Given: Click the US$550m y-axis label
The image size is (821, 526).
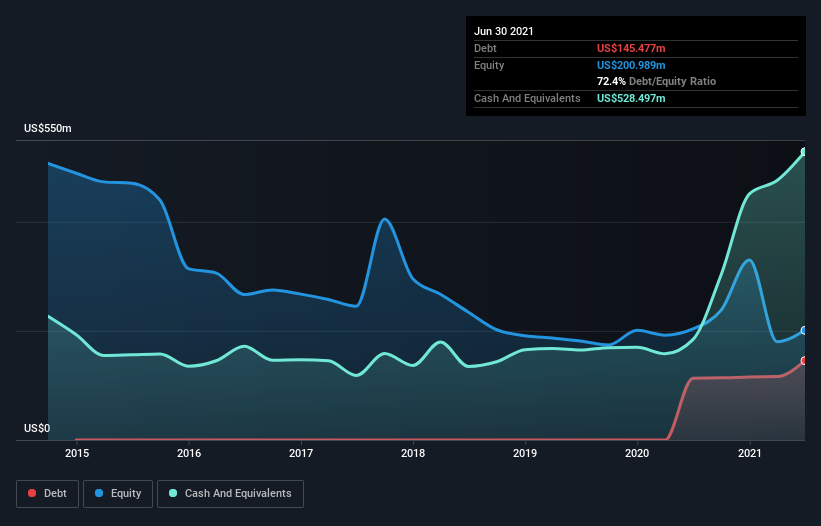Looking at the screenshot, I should pyautogui.click(x=48, y=129).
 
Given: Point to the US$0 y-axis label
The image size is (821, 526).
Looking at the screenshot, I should pyautogui.click(x=36, y=428).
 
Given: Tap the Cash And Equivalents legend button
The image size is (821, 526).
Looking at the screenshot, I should pyautogui.click(x=230, y=493).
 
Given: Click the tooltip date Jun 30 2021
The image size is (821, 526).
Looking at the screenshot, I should pyautogui.click(x=504, y=31).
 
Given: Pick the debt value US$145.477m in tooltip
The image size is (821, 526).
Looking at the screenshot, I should pyautogui.click(x=631, y=48).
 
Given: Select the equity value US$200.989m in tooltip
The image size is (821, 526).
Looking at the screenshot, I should pyautogui.click(x=631, y=65).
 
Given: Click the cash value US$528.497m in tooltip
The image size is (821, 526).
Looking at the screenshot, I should pyautogui.click(x=631, y=98).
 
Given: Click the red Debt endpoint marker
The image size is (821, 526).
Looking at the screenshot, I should pyautogui.click(x=804, y=361).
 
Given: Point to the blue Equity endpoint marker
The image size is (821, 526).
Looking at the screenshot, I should pyautogui.click(x=804, y=330).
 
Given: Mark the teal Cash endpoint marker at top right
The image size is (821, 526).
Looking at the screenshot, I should pyautogui.click(x=804, y=152).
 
